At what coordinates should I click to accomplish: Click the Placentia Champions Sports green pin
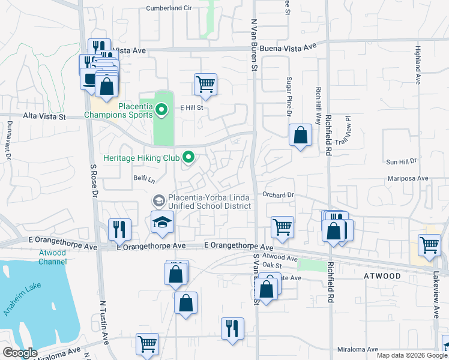click(161, 110)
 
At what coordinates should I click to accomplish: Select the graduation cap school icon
click(161, 223)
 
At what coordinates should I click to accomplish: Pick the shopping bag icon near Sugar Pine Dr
click(300, 135)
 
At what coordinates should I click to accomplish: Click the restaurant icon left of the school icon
click(119, 229)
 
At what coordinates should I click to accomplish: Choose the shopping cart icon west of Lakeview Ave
click(429, 245)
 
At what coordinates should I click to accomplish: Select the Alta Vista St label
click(44, 117)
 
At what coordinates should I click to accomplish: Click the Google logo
click(20, 353)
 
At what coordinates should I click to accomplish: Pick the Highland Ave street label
click(417, 65)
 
